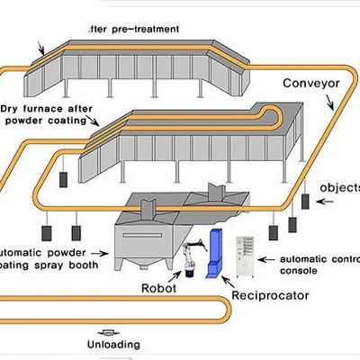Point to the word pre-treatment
tap(145, 28)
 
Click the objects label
tap(343, 188)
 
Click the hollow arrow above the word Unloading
tap(112, 330)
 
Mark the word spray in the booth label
tap(52, 266)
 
